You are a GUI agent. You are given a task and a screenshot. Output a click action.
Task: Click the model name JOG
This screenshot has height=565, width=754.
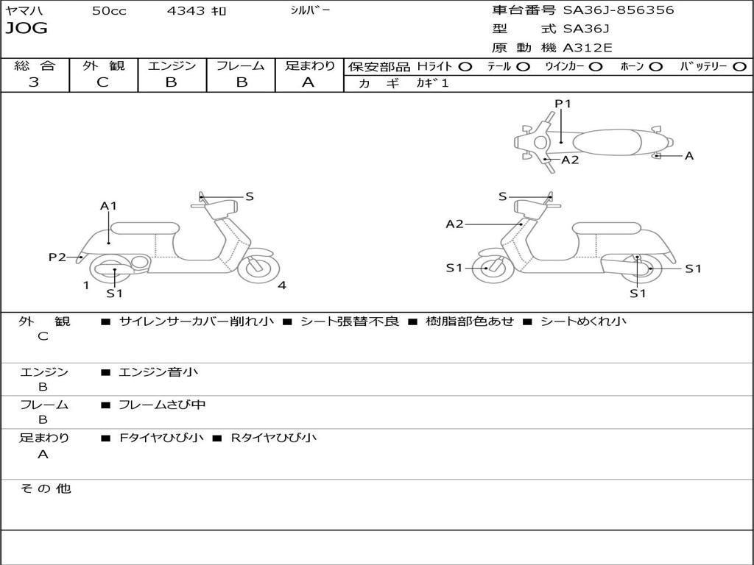(x=27, y=29)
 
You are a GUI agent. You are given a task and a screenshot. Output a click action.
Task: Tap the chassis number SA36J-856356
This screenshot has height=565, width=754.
(x=619, y=10)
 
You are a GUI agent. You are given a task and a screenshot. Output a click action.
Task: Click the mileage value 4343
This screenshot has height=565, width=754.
(x=187, y=11)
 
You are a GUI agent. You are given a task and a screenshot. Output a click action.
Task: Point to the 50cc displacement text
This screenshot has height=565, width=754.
(x=109, y=11)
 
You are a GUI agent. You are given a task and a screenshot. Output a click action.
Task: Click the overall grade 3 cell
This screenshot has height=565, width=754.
(x=34, y=82)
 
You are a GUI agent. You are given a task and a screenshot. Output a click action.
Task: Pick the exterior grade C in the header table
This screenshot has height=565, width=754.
(x=103, y=82)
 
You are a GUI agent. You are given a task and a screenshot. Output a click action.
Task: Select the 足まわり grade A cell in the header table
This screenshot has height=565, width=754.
(x=309, y=82)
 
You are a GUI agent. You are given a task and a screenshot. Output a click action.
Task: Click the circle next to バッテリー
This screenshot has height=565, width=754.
(x=739, y=67)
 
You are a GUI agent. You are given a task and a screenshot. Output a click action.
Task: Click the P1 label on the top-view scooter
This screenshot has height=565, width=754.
(x=563, y=104)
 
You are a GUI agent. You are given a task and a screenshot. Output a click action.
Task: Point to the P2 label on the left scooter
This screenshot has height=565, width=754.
(x=57, y=257)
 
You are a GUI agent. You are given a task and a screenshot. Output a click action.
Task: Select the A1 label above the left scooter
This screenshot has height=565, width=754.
(x=109, y=206)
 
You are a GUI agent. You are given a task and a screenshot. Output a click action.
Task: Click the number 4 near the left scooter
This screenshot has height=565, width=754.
(x=282, y=285)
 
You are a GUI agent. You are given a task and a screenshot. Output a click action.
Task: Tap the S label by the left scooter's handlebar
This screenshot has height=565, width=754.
(x=250, y=196)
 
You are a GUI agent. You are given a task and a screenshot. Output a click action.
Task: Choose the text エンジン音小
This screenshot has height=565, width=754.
(x=158, y=372)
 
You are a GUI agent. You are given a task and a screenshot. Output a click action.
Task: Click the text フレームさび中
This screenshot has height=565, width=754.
(x=162, y=405)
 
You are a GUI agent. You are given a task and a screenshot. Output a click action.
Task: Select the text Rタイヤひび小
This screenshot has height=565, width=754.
(x=274, y=438)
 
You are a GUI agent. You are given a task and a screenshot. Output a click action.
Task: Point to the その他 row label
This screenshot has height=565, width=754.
(x=46, y=488)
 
